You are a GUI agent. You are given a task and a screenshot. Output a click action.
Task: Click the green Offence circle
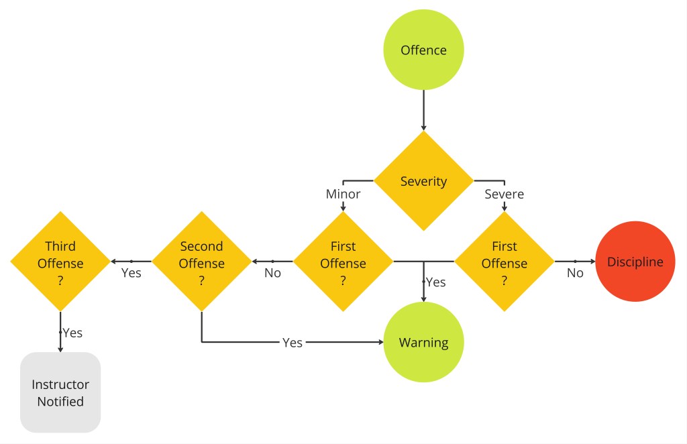pos(423,50)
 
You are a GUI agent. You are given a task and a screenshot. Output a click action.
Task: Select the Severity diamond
pos(423,181)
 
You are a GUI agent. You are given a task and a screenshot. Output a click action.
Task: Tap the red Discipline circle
pos(635,262)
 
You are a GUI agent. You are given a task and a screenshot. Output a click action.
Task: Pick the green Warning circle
pos(423,342)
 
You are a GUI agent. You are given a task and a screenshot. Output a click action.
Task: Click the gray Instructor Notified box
pos(60,392)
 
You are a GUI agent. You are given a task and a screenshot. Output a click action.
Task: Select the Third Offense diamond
pos(60,262)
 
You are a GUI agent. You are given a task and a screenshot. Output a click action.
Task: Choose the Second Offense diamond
pos(201,262)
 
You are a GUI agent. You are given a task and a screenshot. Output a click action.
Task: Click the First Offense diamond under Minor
pos(343,262)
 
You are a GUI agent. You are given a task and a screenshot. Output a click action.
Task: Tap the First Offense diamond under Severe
pos(505,262)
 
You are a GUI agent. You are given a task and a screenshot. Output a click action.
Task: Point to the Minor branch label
pos(343,195)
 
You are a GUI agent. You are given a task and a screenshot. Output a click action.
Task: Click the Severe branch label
pos(505,195)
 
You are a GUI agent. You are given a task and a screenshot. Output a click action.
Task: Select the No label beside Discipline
pos(575,273)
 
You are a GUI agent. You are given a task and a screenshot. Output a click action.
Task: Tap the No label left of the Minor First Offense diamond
pos(272,273)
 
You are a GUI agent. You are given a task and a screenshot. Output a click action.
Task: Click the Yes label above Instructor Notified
pos(72,332)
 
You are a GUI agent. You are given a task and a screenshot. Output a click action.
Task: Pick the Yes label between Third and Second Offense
pos(131,273)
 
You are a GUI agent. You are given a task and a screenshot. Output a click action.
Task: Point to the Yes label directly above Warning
pos(435,282)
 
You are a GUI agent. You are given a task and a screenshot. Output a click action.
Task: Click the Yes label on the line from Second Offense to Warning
pos(292,343)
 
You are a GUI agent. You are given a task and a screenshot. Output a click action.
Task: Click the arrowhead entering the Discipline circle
pos(592,262)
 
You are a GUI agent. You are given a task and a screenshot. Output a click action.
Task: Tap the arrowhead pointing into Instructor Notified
pos(60,348)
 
